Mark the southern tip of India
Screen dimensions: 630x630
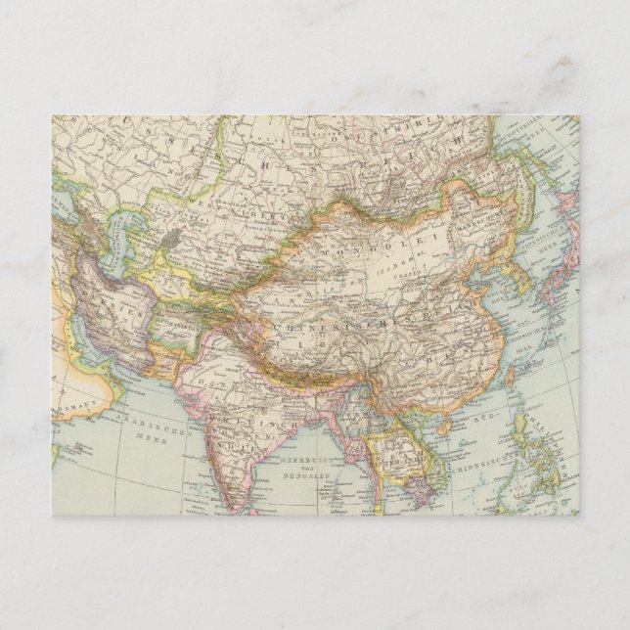tap(241, 509)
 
